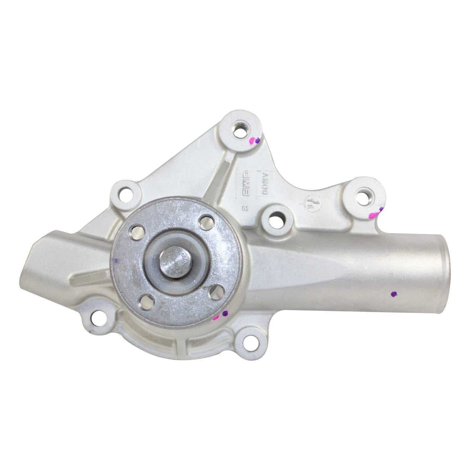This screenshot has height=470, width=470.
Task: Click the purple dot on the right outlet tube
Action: [394, 294]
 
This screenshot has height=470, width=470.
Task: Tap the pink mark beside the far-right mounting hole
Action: [373, 215]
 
